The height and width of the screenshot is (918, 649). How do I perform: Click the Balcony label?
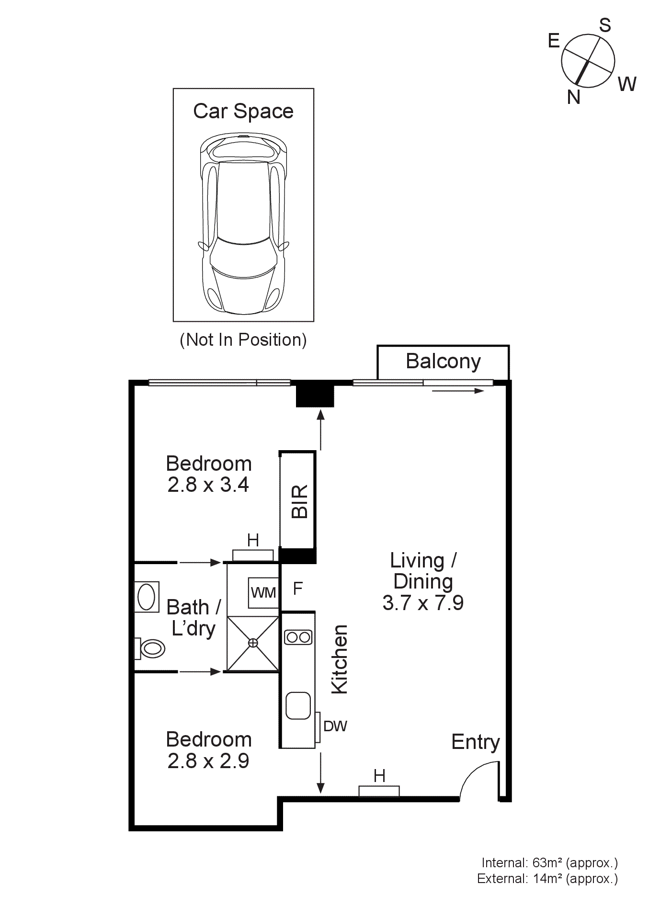click(x=443, y=361)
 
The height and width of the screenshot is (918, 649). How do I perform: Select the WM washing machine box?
click(x=263, y=592)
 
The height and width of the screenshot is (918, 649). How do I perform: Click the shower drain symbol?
click(x=253, y=643)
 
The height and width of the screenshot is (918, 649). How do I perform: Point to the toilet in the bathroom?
click(x=150, y=648)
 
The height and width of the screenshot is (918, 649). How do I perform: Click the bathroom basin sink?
click(x=147, y=597)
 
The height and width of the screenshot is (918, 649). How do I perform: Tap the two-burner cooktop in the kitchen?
click(x=298, y=637)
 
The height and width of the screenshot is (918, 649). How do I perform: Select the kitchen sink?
click(x=298, y=705)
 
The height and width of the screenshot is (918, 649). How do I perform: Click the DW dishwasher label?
click(x=335, y=726)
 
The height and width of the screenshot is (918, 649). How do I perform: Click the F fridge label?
click(x=297, y=588)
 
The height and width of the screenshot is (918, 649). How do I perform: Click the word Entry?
click(x=475, y=742)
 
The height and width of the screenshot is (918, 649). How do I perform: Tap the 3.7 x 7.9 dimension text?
click(x=423, y=603)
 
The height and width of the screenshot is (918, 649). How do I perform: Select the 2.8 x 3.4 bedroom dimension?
click(x=208, y=485)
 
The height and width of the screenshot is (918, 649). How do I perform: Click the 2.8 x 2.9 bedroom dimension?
click(x=208, y=761)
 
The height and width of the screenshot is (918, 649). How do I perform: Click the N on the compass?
click(x=573, y=97)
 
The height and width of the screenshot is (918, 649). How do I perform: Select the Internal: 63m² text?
click(x=549, y=863)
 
